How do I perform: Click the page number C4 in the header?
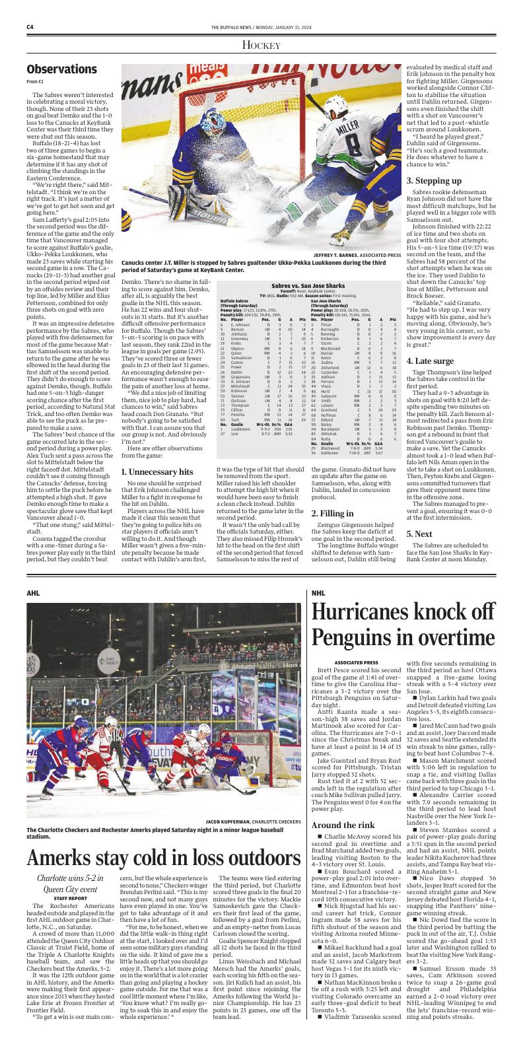point(30,27)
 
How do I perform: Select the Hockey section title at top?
point(261,45)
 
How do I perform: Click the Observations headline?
point(61,69)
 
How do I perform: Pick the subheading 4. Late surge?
point(430,361)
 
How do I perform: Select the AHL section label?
point(34,575)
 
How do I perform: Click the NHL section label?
point(318,575)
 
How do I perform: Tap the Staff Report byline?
point(70,898)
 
